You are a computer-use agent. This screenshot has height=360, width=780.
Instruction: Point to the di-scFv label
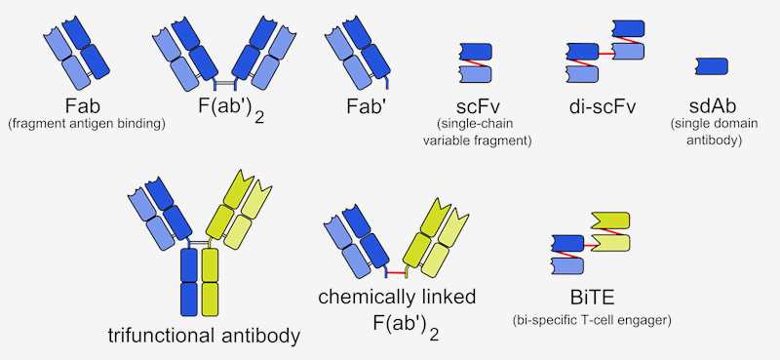[601, 105]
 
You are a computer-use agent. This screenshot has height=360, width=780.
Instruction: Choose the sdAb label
[714, 105]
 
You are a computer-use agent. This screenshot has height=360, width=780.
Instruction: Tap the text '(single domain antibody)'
[714, 132]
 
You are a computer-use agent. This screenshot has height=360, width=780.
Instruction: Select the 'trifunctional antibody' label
[204, 337]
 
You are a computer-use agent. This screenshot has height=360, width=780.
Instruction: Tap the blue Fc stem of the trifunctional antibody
[189, 280]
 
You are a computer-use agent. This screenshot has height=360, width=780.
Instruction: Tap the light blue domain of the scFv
[476, 73]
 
